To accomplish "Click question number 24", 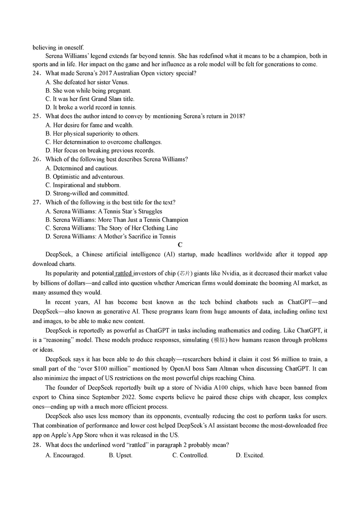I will tap(36, 73).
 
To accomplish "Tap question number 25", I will tap(36, 116).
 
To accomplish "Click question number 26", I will tap(36, 159).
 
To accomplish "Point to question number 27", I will tap(36, 203).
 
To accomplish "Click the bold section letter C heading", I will tap(180, 245).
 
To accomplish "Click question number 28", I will tap(36, 445).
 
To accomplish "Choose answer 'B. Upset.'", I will tap(121, 455).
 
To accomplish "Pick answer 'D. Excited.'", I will tap(250, 455).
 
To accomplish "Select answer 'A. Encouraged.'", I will tap(65, 455).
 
